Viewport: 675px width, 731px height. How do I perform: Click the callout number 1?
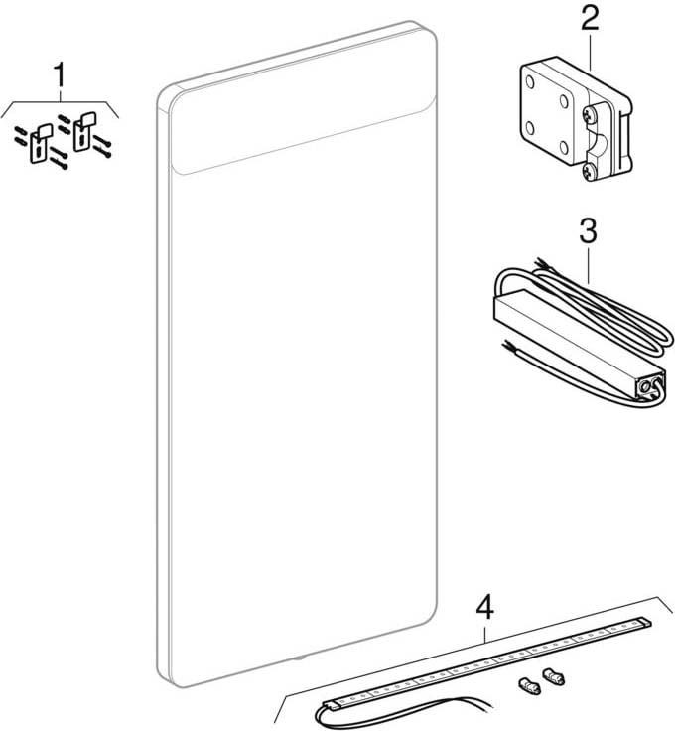click(x=62, y=74)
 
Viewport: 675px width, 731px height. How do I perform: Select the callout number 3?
click(x=587, y=231)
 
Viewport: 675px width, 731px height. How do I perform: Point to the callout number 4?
click(x=484, y=605)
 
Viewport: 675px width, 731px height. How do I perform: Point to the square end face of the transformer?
click(x=650, y=381)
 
